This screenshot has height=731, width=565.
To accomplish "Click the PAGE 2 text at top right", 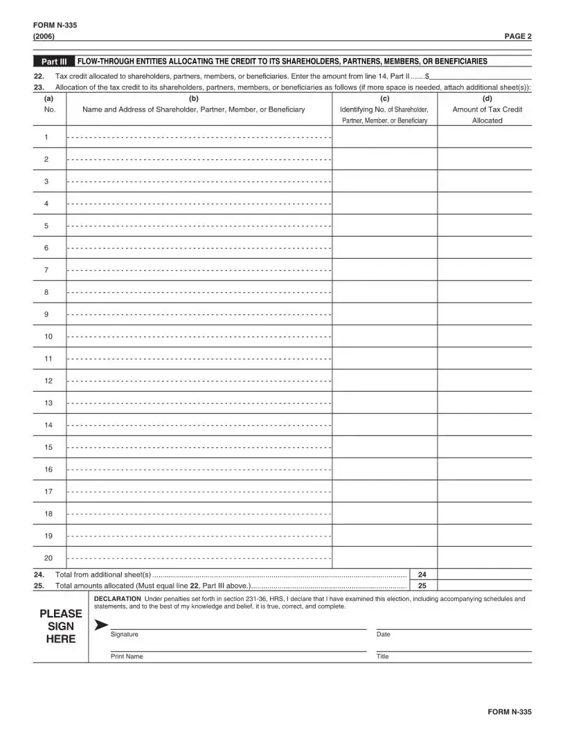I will [518, 36].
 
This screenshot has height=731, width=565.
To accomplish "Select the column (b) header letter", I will [193, 99].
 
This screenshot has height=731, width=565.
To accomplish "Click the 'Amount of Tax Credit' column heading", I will [487, 109].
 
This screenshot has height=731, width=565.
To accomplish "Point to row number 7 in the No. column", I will [46, 270].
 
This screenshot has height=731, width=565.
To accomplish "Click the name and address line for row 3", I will [199, 181].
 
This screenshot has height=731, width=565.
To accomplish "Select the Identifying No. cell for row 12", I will [384, 381].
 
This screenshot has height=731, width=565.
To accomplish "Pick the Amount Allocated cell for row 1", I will [485, 137].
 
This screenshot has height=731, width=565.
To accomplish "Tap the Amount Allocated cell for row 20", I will [485, 558].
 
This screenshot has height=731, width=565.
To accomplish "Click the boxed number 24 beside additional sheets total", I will [422, 575].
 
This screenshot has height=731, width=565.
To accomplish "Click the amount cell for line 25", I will [485, 585].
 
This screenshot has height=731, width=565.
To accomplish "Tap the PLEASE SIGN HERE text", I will [61, 626].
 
